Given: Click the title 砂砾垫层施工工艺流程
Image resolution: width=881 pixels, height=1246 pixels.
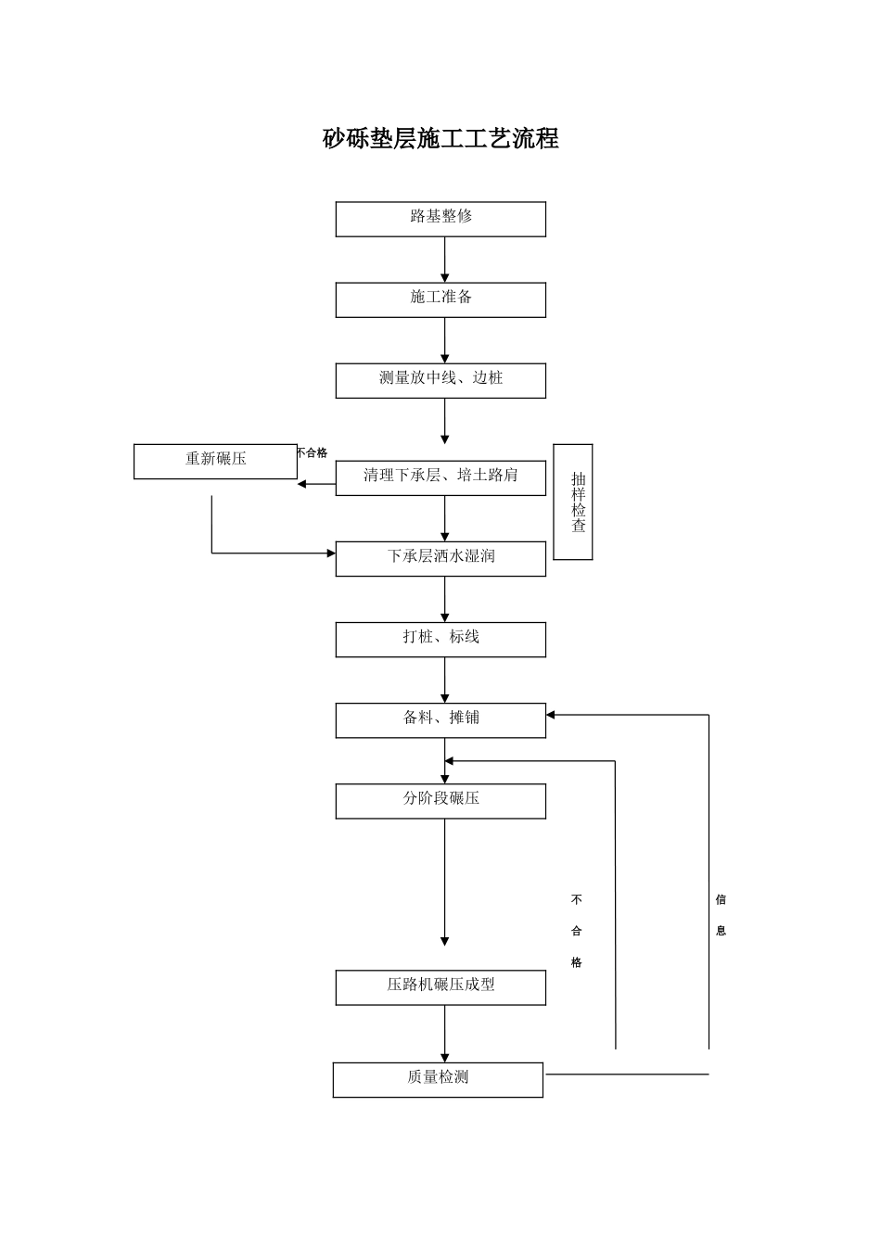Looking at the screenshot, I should click(440, 139).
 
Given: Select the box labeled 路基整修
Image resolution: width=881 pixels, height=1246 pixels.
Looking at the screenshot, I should click(440, 219).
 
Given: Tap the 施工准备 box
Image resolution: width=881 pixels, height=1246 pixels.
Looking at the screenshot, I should click(440, 299).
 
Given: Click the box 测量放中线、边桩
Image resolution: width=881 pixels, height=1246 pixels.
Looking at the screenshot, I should click(440, 380).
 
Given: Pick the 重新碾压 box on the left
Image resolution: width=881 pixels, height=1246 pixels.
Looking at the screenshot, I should click(215, 461).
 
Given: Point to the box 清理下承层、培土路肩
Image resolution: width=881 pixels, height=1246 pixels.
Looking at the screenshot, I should click(440, 477).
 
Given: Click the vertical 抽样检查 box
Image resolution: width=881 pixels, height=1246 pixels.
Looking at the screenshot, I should click(573, 502).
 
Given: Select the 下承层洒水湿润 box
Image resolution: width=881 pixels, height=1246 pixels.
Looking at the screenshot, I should click(440, 558).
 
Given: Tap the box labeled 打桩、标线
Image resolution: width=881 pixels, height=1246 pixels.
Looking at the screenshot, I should click(440, 639).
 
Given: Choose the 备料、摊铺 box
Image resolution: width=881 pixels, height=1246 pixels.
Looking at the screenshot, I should click(440, 719).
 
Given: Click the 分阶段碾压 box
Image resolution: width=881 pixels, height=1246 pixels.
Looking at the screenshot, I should click(440, 800).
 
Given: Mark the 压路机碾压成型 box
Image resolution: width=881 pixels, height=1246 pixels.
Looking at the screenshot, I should click(440, 986).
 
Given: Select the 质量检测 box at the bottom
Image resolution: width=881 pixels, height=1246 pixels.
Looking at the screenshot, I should click(438, 1079).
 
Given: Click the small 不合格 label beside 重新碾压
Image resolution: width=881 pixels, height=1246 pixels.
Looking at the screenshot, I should click(312, 453).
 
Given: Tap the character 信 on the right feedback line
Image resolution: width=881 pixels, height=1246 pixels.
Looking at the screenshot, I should click(721, 899).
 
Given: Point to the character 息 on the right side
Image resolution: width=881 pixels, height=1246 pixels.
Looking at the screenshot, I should click(721, 931).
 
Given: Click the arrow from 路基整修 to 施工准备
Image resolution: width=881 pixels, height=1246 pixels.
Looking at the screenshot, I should click(445, 260).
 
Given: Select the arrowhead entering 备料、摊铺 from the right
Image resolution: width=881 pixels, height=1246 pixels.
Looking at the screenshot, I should click(551, 715).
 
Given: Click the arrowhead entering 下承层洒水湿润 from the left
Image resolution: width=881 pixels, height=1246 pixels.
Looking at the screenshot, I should click(330, 553).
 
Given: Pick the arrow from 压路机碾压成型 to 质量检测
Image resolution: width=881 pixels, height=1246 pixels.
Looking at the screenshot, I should click(445, 1034).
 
